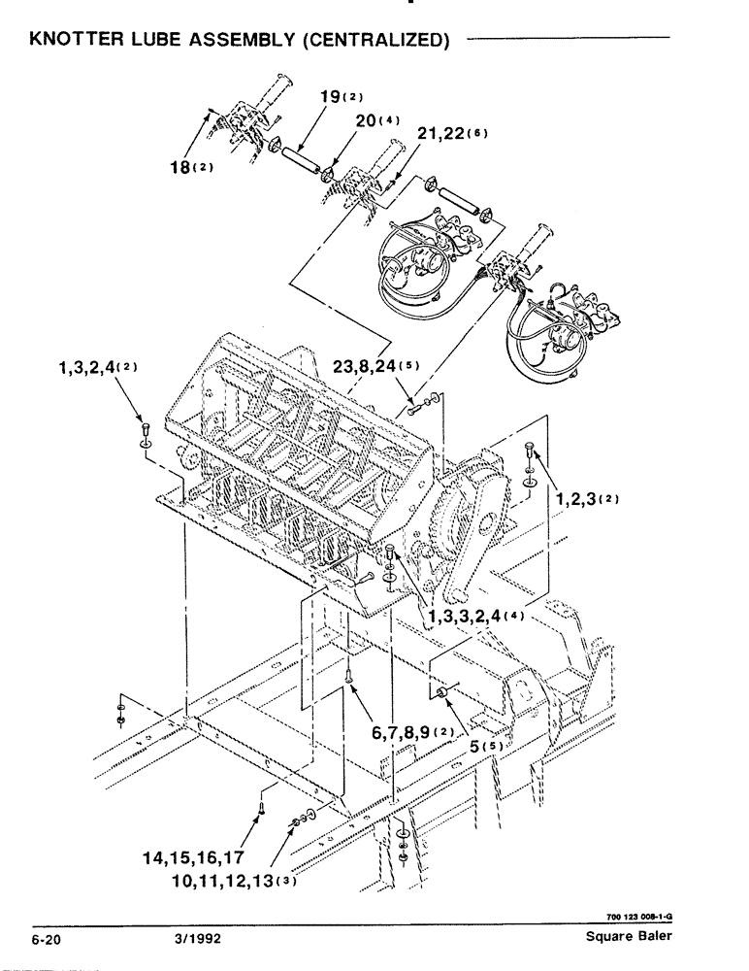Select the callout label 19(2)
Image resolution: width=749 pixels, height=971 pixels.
pyautogui.click(x=334, y=97)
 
